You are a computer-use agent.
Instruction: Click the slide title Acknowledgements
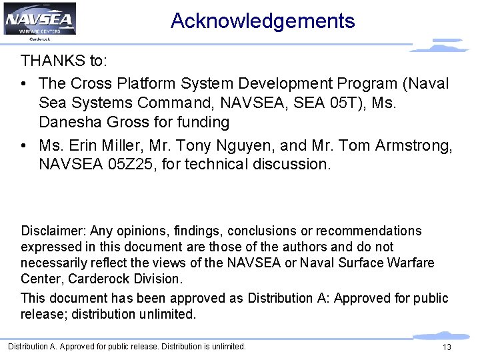click(263, 21)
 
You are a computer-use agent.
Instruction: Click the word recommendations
click(369, 231)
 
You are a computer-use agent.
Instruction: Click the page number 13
click(447, 347)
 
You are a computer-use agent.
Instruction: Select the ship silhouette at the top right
click(440, 46)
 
